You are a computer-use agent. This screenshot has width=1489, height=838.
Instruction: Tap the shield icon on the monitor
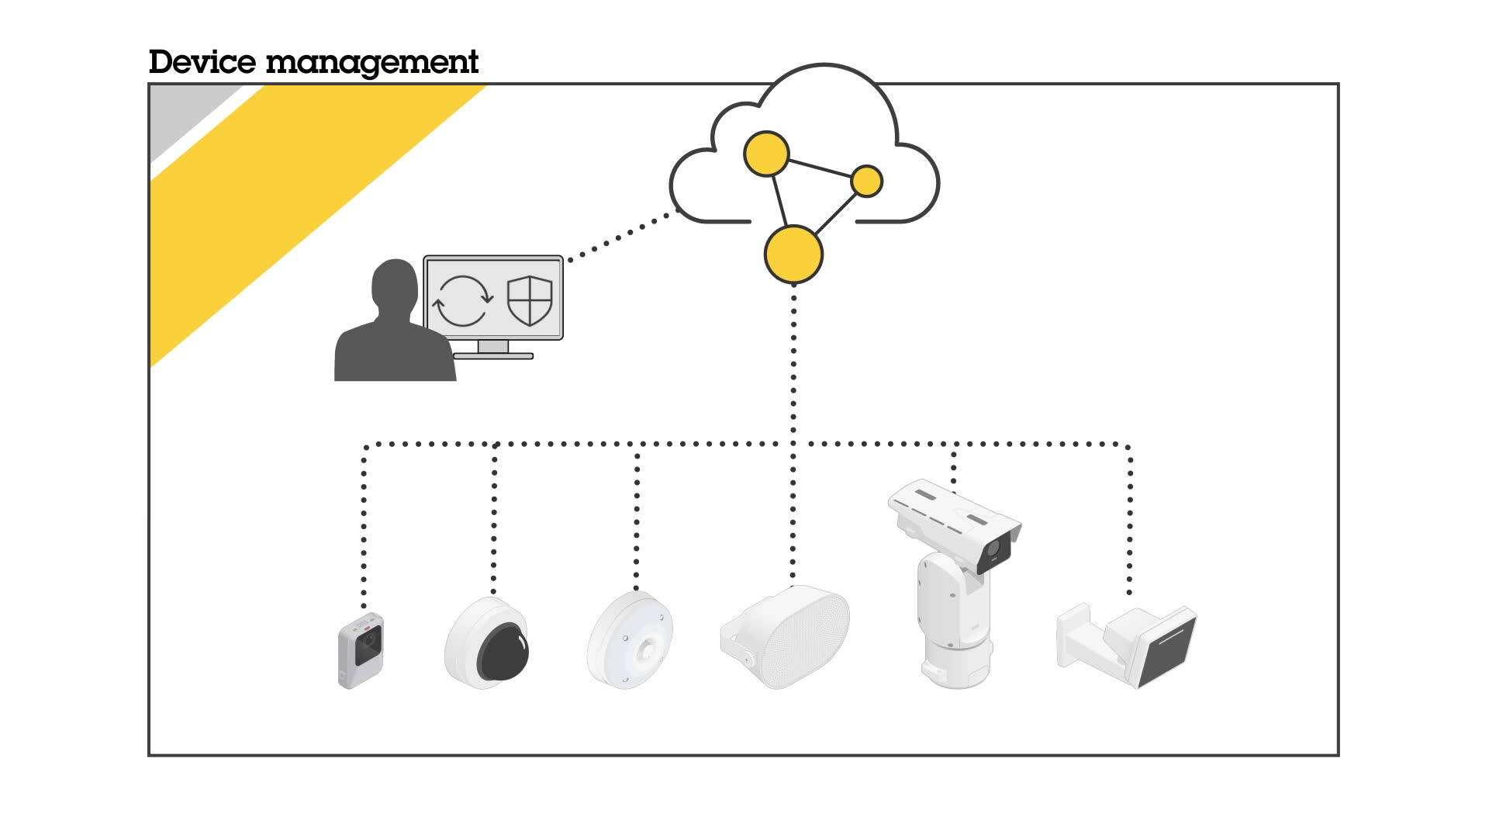click(x=530, y=300)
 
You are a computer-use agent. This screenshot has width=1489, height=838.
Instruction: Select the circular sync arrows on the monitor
click(x=462, y=300)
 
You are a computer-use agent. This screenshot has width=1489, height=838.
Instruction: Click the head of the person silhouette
click(x=395, y=286)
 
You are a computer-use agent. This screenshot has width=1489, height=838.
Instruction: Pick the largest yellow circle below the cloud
click(x=793, y=255)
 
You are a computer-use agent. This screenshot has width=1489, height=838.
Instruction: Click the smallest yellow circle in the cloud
click(x=866, y=182)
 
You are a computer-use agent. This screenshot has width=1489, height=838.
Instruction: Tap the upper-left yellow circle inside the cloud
click(x=766, y=154)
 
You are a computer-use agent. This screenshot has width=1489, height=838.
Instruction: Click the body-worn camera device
click(x=361, y=649)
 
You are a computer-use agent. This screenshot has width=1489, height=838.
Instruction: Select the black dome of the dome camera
click(x=503, y=651)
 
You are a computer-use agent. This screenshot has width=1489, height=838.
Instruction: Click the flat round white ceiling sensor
click(x=630, y=641)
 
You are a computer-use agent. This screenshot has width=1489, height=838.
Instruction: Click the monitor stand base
click(x=493, y=355)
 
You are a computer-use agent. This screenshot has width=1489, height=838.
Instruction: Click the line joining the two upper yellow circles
click(x=820, y=168)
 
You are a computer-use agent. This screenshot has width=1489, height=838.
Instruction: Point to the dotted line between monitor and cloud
click(x=620, y=236)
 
